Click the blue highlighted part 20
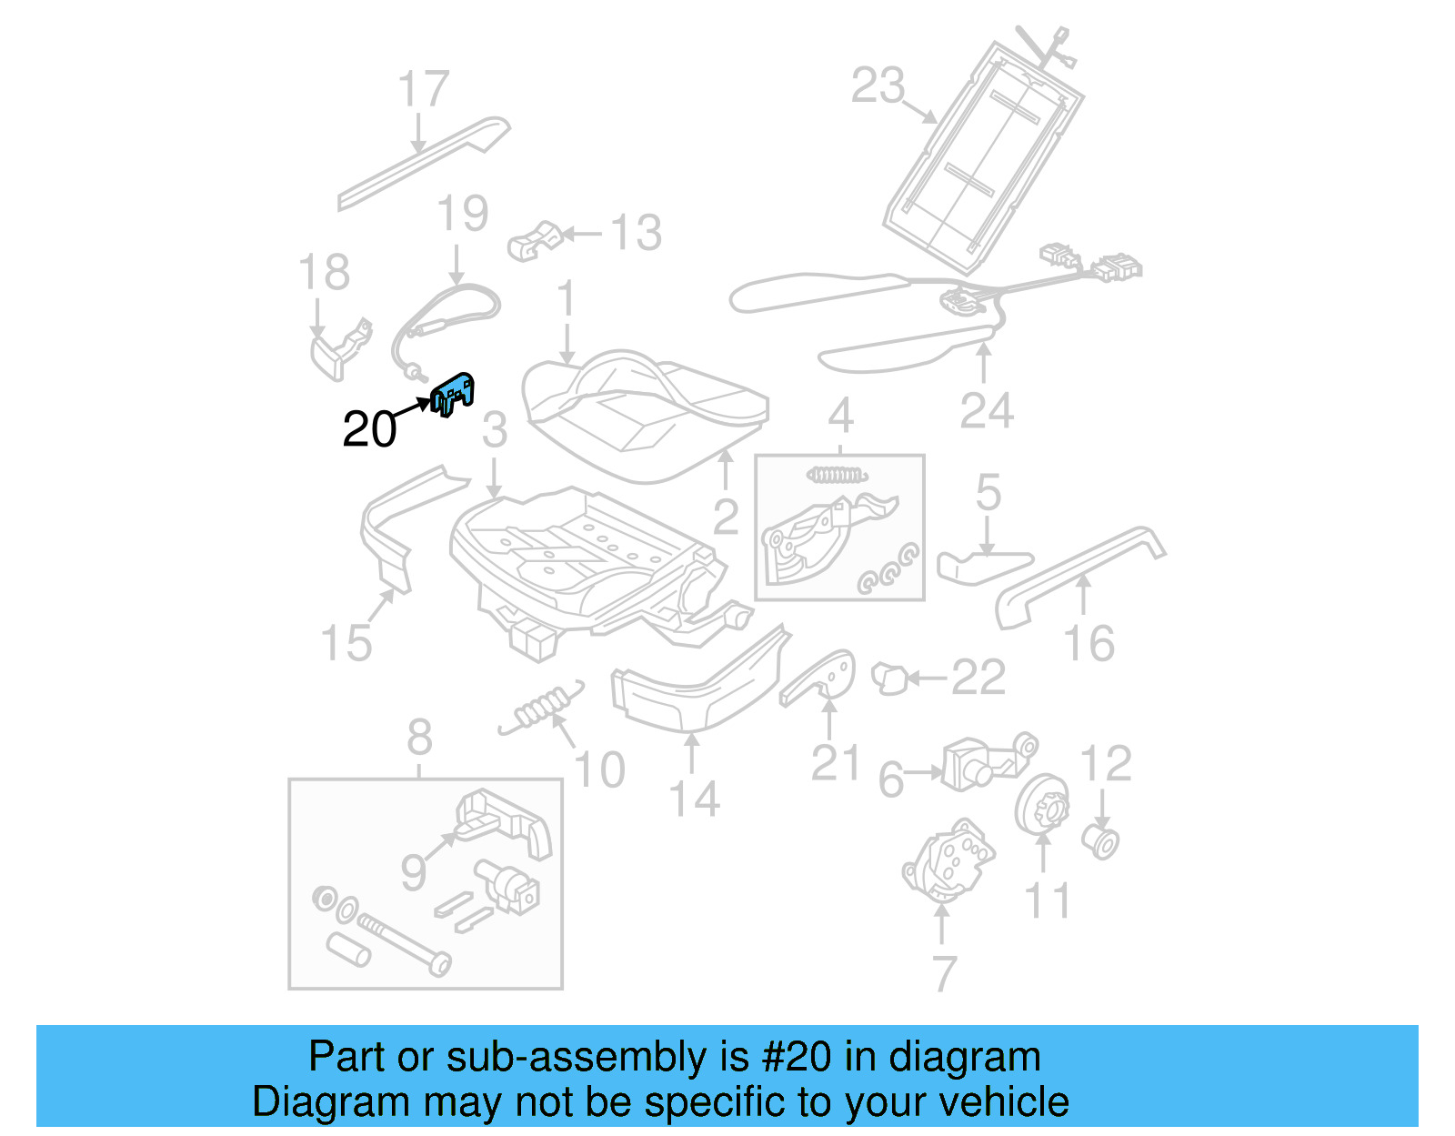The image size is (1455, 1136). (453, 394)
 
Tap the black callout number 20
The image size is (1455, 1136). (369, 429)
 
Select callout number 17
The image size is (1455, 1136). (423, 89)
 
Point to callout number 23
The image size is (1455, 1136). (878, 85)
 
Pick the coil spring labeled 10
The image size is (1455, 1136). (541, 708)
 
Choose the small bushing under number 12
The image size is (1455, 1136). (1101, 841)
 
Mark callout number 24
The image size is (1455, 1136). (986, 411)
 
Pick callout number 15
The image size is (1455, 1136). (346, 643)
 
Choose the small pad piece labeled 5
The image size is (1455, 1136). (982, 566)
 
